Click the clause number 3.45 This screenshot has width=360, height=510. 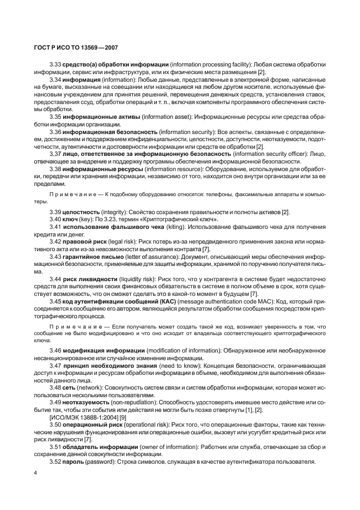point(56,301)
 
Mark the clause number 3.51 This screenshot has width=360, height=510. point(56,446)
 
